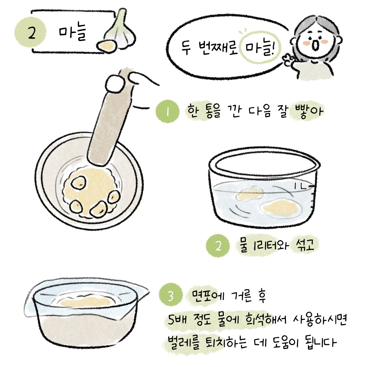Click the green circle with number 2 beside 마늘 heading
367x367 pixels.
click(30, 33)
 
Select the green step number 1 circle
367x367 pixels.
click(168, 111)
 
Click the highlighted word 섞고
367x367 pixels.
click(304, 244)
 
